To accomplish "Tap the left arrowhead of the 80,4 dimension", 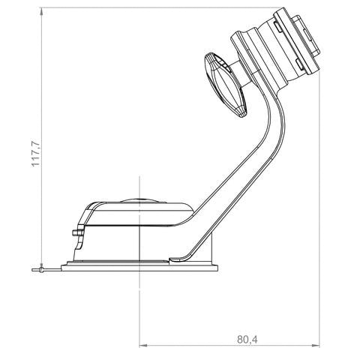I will point(144,346).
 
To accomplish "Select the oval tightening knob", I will point(225,85).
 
